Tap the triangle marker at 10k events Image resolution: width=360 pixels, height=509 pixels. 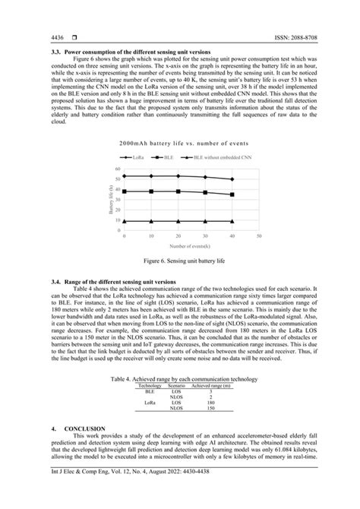[151, 221]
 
